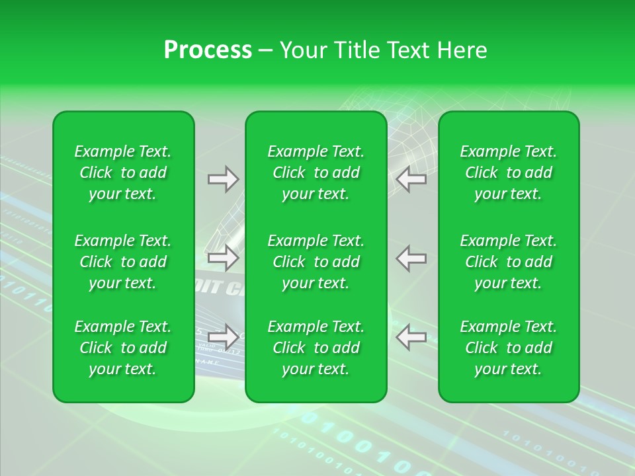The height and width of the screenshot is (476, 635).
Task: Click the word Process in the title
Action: [x=208, y=50]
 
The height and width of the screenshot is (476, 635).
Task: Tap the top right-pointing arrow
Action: [x=223, y=179]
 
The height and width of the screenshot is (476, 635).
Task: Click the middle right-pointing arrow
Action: [x=223, y=258]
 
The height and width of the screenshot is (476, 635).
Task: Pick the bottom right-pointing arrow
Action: [x=223, y=337]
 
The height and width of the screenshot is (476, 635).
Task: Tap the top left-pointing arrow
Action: [x=411, y=179]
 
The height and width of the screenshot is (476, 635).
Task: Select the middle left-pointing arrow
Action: [x=411, y=258]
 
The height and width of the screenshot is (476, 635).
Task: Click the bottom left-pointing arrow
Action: [x=411, y=337]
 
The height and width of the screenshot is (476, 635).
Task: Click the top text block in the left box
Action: [x=123, y=173]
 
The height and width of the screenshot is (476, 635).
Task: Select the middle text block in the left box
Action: [x=123, y=262]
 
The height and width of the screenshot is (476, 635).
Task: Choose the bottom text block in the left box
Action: [x=123, y=348]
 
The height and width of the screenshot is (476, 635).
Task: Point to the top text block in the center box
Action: [x=316, y=173]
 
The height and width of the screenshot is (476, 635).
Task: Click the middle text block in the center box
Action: [x=316, y=262]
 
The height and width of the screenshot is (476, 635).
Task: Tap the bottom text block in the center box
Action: [x=316, y=348]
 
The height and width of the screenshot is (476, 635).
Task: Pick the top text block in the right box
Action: [x=509, y=173]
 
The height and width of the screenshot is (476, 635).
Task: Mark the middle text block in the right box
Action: [x=509, y=262]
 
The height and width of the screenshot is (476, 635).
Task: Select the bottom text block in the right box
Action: [x=509, y=348]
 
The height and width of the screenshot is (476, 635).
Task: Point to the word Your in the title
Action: [x=302, y=50]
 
